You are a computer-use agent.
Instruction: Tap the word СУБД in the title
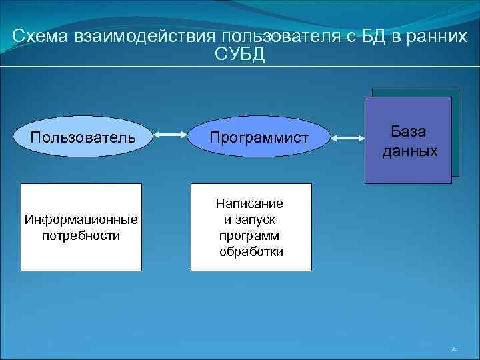pos(240,55)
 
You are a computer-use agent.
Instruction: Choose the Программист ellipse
pos(259,138)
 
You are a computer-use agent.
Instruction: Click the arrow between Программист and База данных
pos(348,138)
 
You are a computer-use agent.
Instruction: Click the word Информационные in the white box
pos(81,219)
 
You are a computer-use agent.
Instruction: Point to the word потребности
pos(81,236)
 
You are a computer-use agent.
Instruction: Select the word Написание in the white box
pos(249,203)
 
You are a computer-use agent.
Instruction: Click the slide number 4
pos(453,349)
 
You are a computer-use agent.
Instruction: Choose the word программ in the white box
pos(249,236)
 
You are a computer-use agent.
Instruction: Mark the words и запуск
pos(249,219)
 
